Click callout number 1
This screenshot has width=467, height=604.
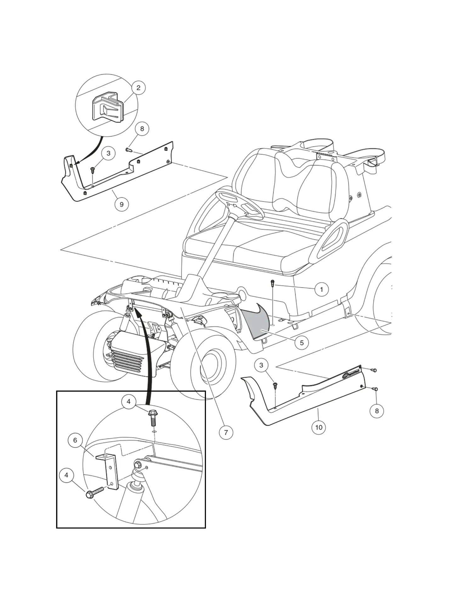click(321, 289)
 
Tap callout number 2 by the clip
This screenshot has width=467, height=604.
click(138, 88)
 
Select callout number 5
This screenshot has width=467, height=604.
click(301, 343)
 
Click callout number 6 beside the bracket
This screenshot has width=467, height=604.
click(75, 440)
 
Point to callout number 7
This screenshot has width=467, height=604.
click(226, 432)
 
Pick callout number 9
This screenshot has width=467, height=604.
click(122, 204)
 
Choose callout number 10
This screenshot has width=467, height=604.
click(319, 427)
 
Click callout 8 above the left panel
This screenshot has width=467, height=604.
click(142, 129)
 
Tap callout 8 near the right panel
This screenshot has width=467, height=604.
click(377, 411)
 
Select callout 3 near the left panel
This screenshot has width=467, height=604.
click(108, 153)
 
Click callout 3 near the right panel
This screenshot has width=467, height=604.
click(261, 365)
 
